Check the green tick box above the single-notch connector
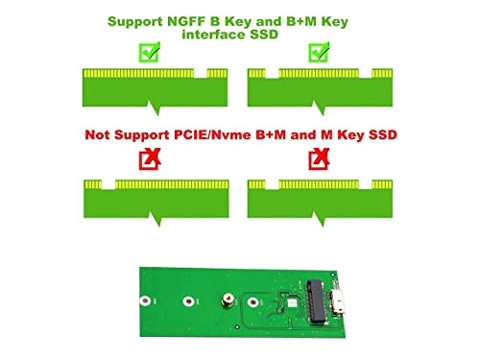pyautogui.click(x=148, y=54)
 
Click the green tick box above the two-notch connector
pyautogui.click(x=316, y=54)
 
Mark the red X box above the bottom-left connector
pyautogui.click(x=149, y=159)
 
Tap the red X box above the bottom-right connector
pyautogui.click(x=316, y=159)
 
